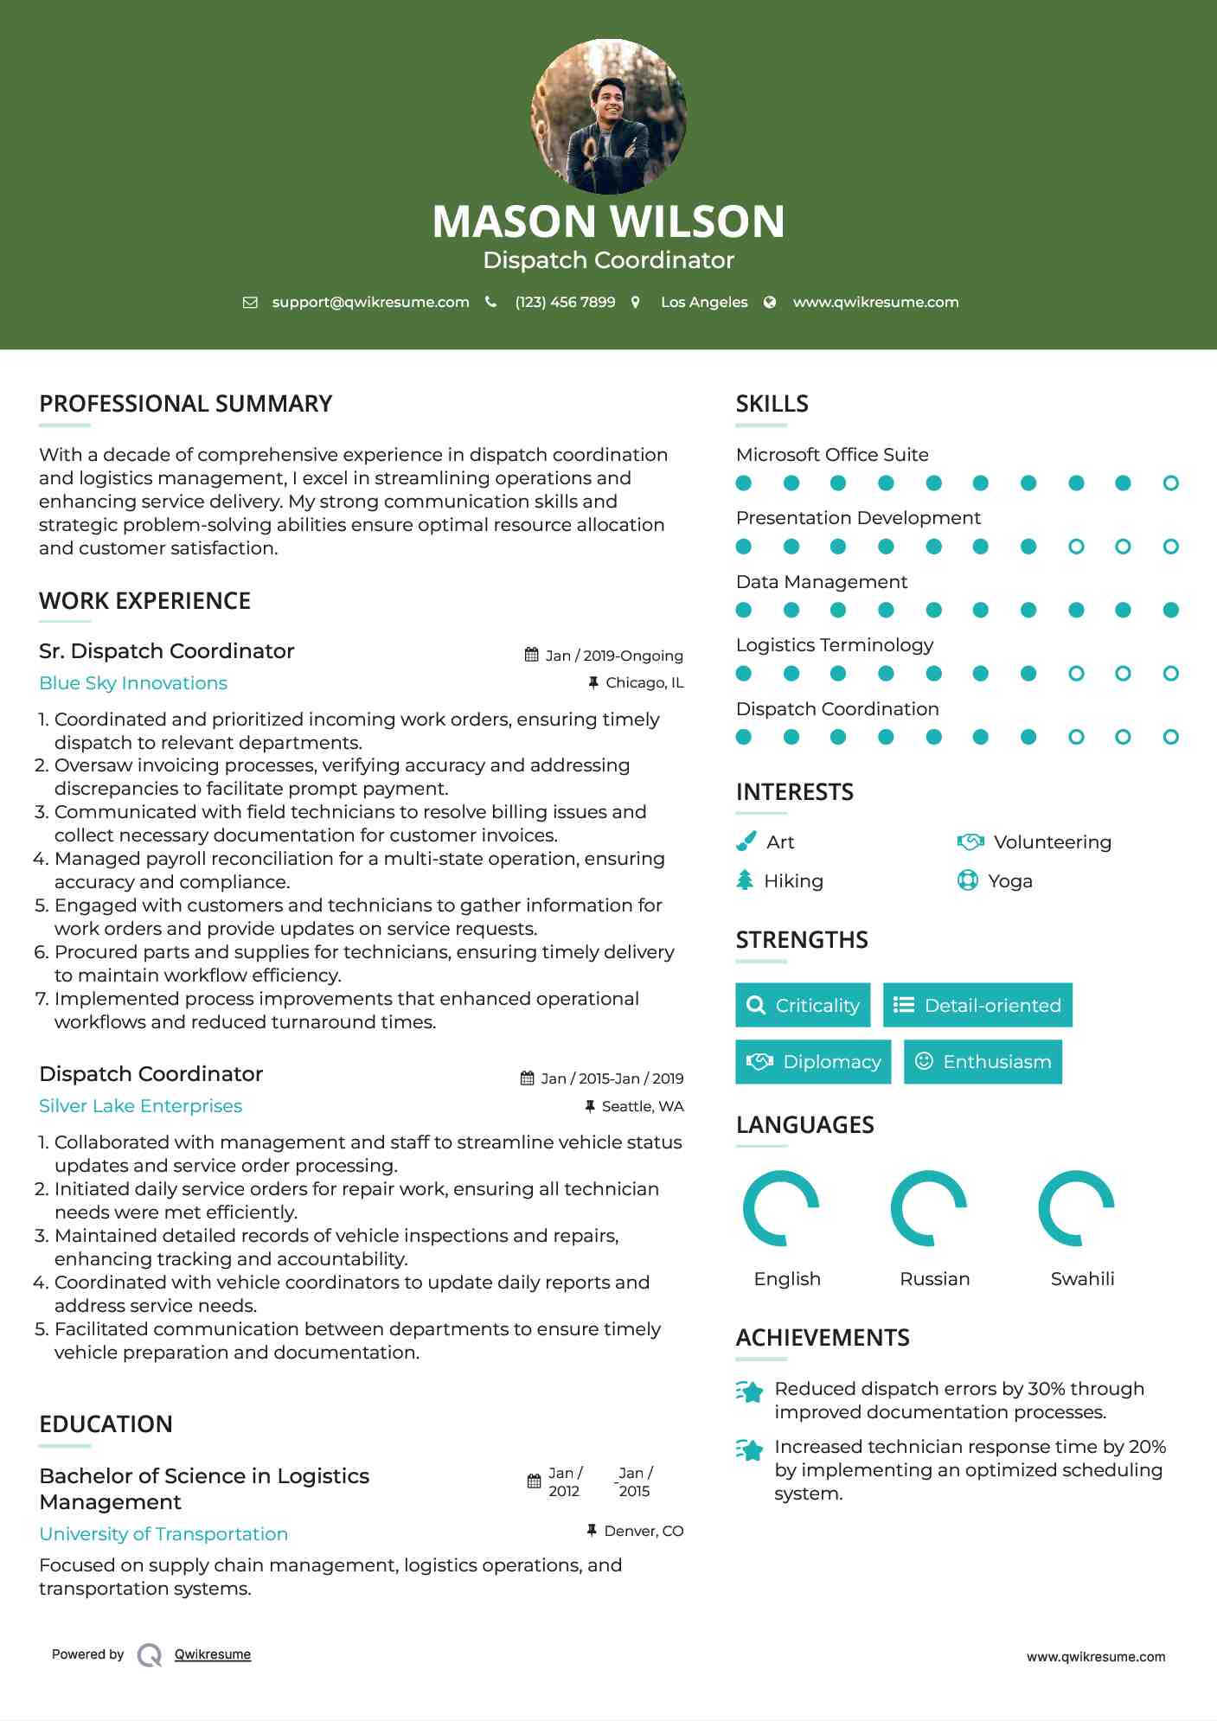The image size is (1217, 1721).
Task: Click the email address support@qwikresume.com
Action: (370, 302)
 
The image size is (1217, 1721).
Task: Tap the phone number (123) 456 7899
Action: (565, 302)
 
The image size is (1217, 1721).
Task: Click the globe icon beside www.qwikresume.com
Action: (770, 302)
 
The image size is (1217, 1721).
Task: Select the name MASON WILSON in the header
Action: (608, 221)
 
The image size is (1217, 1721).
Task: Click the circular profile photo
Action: (608, 117)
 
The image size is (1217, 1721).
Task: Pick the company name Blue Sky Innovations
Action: (133, 683)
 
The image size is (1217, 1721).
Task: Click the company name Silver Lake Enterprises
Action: (140, 1106)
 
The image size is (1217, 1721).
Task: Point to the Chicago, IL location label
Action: (644, 682)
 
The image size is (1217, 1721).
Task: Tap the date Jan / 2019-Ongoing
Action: (613, 656)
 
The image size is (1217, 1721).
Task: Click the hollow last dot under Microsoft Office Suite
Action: (1170, 483)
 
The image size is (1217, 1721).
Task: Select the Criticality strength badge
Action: (803, 1005)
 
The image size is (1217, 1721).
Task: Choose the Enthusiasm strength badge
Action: (983, 1062)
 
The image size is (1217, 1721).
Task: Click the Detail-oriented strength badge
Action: (977, 1005)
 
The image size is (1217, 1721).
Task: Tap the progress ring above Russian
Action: (928, 1208)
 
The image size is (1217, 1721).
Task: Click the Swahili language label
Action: (1082, 1279)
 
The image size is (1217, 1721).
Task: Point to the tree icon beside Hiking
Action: (745, 880)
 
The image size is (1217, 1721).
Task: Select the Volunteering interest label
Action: (1052, 842)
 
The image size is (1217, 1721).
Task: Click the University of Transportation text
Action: (163, 1534)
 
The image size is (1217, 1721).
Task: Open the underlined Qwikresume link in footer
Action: (213, 1654)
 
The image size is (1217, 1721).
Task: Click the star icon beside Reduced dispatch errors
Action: (750, 1392)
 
